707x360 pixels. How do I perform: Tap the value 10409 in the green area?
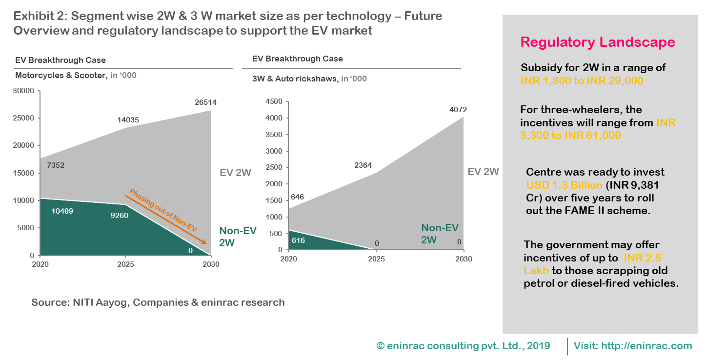click(x=61, y=211)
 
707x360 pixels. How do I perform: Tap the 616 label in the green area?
click(x=298, y=240)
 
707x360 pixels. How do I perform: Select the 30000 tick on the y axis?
click(x=24, y=91)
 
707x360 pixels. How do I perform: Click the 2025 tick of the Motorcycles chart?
click(x=125, y=264)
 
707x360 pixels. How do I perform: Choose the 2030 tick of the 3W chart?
click(x=463, y=259)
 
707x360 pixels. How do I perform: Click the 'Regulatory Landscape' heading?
click(x=598, y=42)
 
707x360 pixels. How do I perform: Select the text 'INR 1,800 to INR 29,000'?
click(x=582, y=81)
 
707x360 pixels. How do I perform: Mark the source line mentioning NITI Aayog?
click(x=158, y=302)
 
